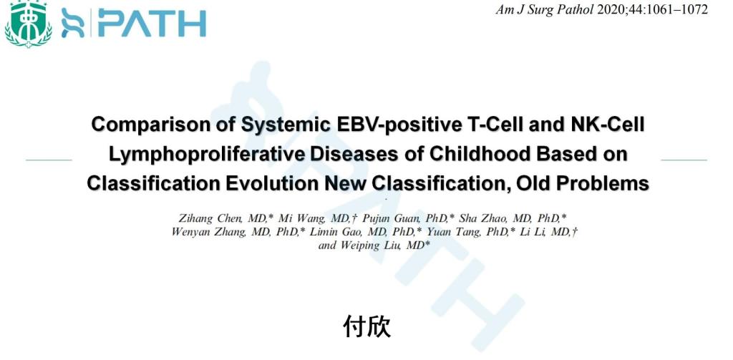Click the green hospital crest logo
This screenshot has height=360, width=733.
pyautogui.click(x=28, y=24)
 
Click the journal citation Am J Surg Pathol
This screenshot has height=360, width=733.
pyautogui.click(x=545, y=10)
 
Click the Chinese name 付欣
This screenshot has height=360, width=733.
pyautogui.click(x=367, y=326)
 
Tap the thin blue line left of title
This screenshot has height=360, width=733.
pyautogui.click(x=49, y=160)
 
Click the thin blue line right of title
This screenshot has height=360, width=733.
pyautogui.click(x=684, y=160)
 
